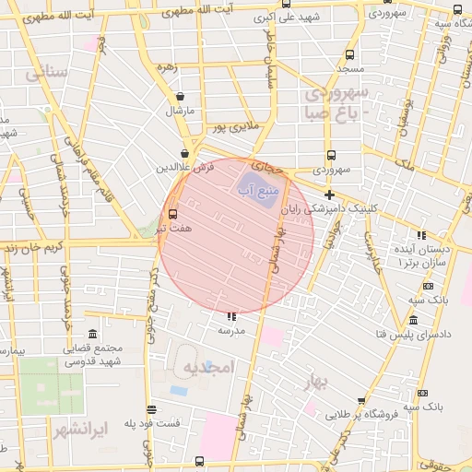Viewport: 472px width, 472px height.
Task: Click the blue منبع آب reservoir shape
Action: (x=261, y=183)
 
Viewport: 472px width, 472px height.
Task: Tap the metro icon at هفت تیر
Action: (x=172, y=214)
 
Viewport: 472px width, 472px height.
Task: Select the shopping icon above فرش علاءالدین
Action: (x=185, y=154)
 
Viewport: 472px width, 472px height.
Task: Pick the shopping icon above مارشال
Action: (x=179, y=96)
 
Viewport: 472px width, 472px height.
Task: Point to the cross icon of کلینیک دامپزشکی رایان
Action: (x=329, y=194)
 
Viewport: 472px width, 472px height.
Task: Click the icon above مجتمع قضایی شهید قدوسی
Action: (x=91, y=333)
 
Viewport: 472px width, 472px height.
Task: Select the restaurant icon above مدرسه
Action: (x=230, y=316)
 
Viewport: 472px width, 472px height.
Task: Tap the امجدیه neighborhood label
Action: (x=209, y=368)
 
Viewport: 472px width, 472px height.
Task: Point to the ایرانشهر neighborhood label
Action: (x=81, y=429)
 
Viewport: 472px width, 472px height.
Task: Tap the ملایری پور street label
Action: (x=239, y=125)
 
